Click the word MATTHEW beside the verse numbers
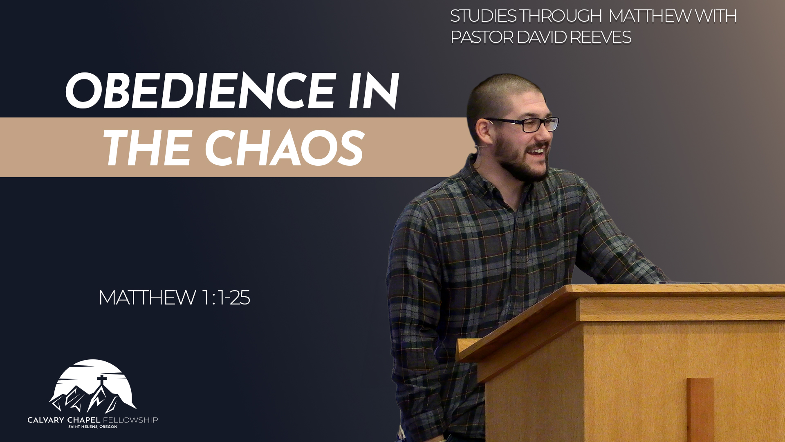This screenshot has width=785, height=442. point(147,298)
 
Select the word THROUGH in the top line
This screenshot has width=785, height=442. point(561,16)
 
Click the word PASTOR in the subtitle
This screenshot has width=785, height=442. point(482,37)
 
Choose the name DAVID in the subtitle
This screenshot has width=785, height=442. point(542,37)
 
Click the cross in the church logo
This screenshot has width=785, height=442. point(102,382)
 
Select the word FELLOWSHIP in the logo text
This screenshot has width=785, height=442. point(130,420)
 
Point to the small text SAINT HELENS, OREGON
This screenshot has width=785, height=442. point(93,427)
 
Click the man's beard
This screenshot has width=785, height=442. point(519,162)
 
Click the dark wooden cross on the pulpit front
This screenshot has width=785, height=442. point(700,410)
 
